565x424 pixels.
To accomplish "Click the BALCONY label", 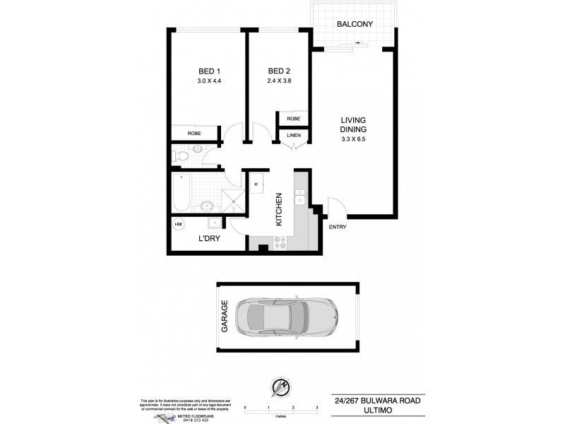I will (x=355, y=24).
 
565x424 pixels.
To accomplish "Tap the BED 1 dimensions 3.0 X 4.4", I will (x=209, y=81).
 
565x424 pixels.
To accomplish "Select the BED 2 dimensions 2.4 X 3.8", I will (x=280, y=81).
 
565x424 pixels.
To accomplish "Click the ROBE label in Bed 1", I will (x=194, y=133).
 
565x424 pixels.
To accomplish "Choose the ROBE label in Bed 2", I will (x=293, y=119).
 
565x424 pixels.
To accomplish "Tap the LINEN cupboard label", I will (x=293, y=134).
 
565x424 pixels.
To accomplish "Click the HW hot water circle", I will (x=179, y=224).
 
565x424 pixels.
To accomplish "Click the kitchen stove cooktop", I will (x=280, y=240).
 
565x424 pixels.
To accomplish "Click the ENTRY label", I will (x=338, y=227).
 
